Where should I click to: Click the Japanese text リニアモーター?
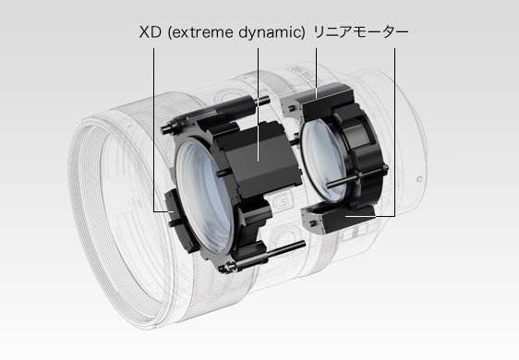(361, 32)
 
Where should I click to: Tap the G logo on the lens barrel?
(280, 201)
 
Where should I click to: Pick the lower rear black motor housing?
(338, 219)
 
